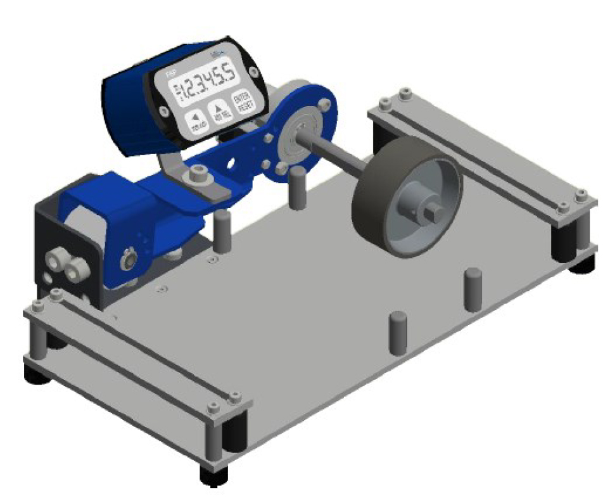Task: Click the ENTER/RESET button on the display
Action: (x=241, y=103)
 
